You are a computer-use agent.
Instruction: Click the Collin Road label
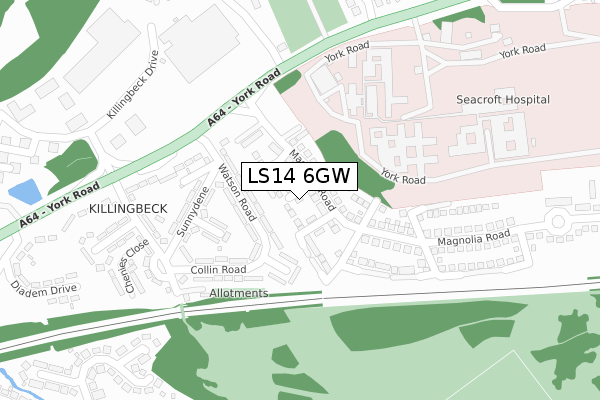click(218, 270)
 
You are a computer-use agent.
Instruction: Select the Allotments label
click(239, 293)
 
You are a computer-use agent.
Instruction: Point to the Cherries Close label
click(137, 265)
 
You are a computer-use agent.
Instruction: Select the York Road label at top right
click(522, 50)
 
